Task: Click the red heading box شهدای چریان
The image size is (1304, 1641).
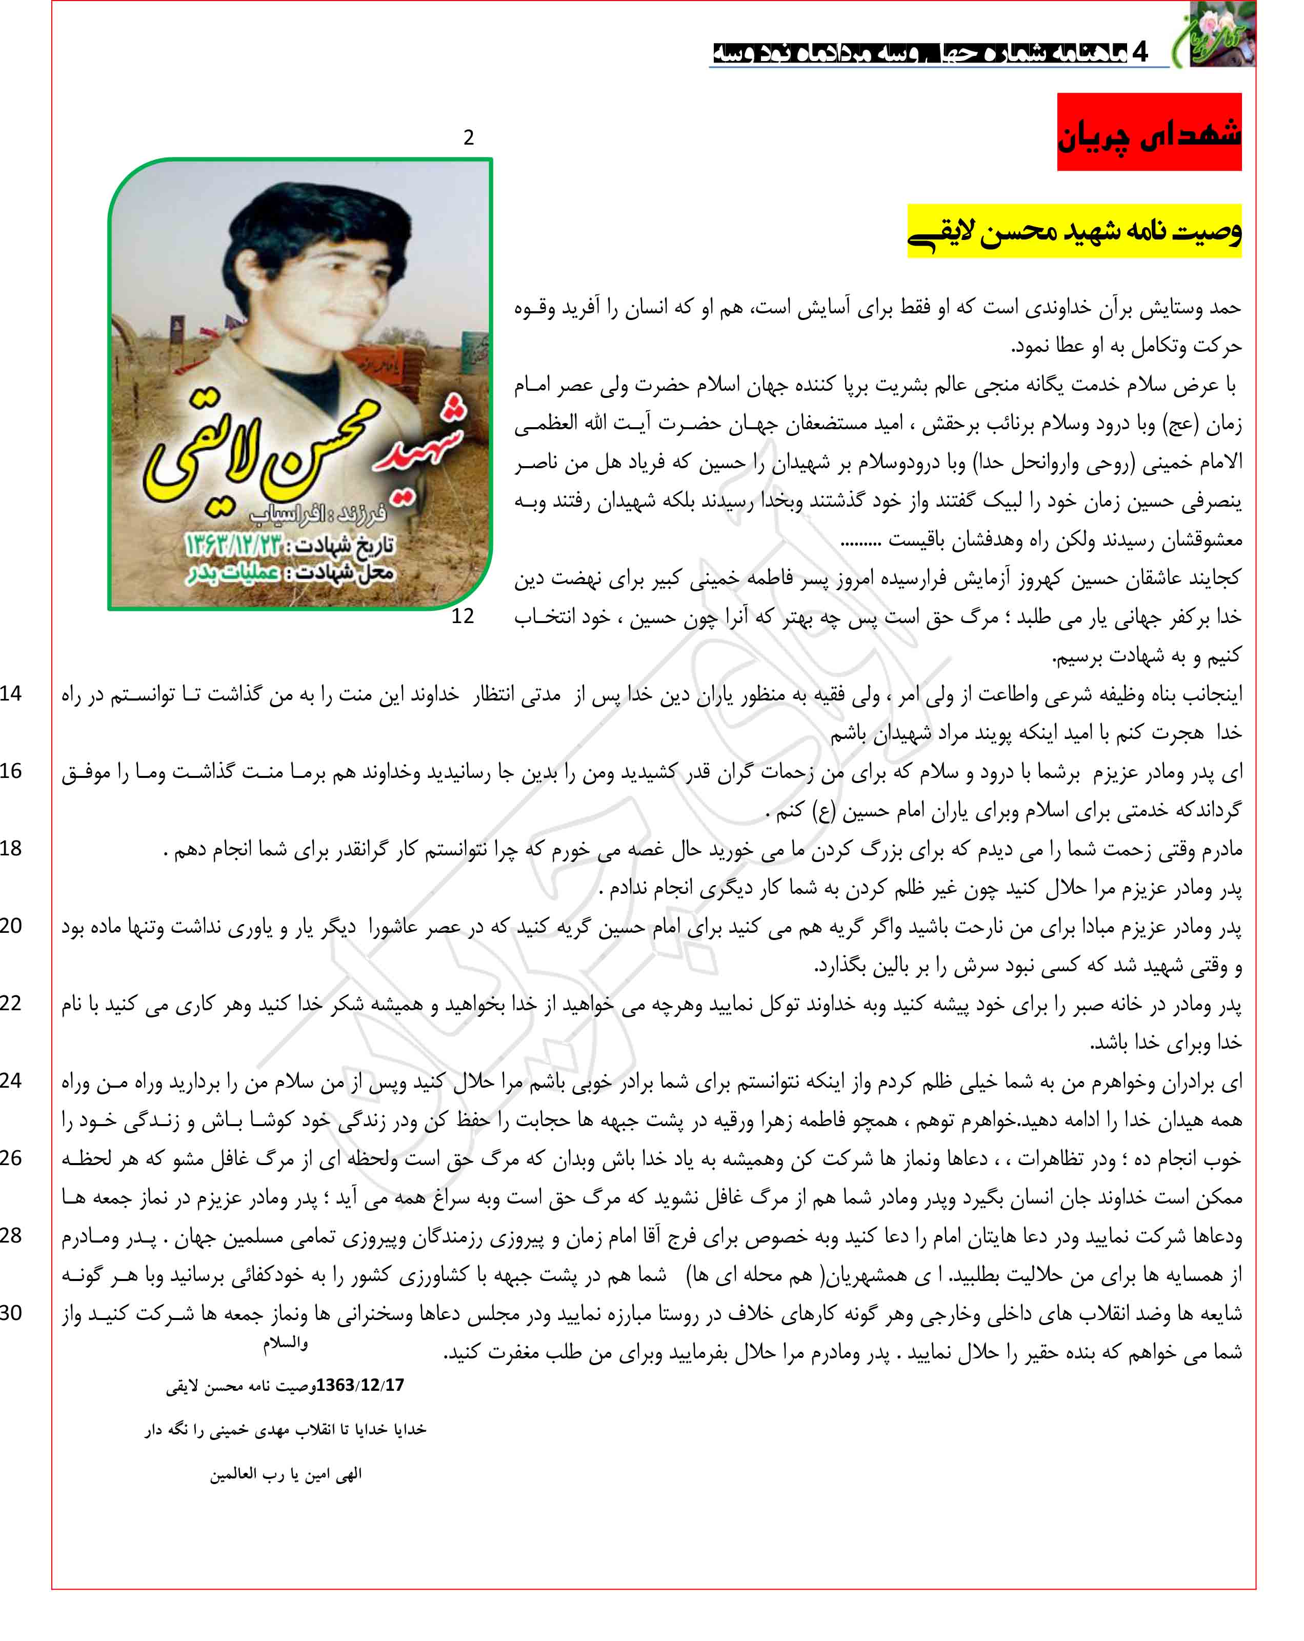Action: point(1148,132)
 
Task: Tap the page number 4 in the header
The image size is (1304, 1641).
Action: point(1139,52)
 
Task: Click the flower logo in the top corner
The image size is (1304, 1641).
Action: point(1221,34)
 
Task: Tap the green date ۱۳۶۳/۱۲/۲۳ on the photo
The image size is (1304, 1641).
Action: point(232,545)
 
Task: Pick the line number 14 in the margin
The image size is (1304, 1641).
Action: point(11,693)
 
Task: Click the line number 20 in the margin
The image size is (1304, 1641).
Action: point(11,926)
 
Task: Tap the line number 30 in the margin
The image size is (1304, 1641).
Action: point(11,1313)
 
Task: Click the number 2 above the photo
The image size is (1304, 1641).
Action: point(468,138)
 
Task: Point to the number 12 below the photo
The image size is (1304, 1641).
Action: point(462,616)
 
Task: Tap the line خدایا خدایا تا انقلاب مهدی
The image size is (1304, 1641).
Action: point(286,1429)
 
